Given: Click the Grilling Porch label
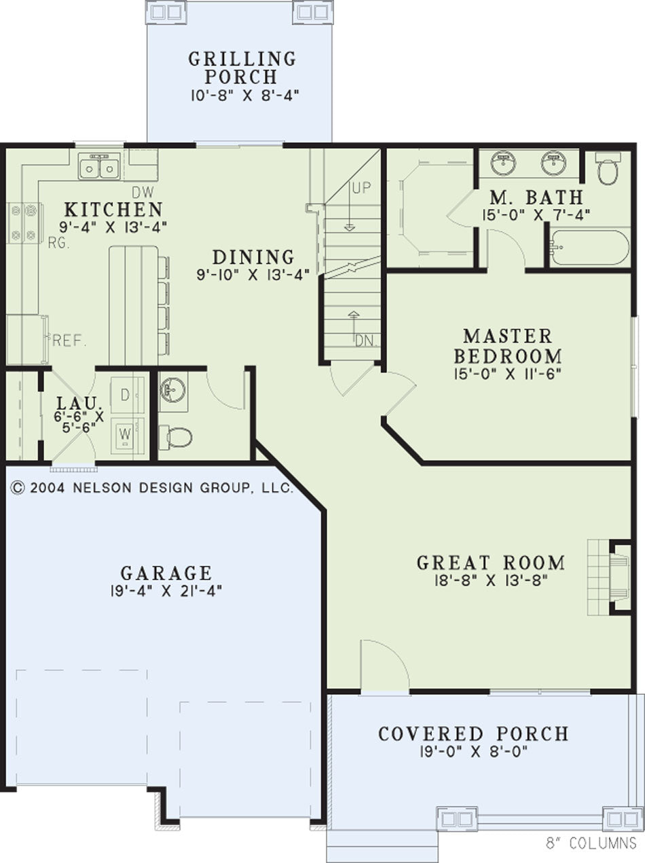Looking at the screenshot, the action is pos(242,68).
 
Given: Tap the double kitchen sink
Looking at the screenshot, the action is pos(98,167).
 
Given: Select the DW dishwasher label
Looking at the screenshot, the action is pos(143,192).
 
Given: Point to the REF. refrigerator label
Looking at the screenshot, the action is pos(69,341).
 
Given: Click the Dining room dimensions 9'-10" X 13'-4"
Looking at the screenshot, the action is pos(253,274).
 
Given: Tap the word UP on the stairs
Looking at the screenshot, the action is pos(361,189).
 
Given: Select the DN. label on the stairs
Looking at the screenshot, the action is pos(366,341).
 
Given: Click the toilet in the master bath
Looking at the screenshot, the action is pos(608,169).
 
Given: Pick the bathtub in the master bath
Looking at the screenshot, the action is pos(589,248).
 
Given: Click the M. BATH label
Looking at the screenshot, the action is pos(536,197).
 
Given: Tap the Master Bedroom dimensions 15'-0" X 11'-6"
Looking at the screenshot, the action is pos(507,374).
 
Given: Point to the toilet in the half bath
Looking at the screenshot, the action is pos(174,437).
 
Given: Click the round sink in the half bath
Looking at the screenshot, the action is pos(173,389).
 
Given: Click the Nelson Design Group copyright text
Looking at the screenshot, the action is pos(152,488).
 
